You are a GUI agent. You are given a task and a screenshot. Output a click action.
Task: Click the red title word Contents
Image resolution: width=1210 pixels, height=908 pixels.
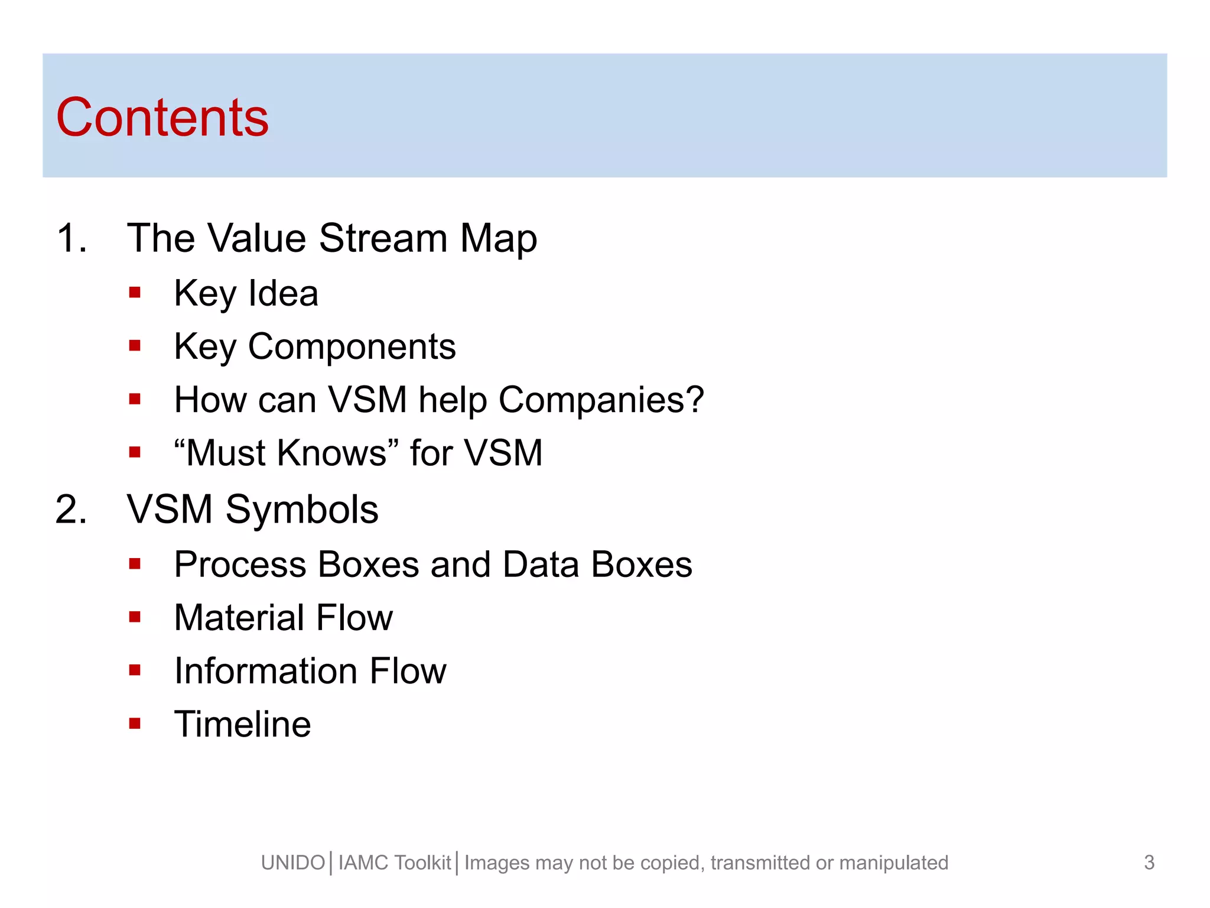pyautogui.click(x=162, y=118)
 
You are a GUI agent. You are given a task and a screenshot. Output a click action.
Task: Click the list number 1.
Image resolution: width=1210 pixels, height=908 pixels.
pyautogui.click(x=71, y=238)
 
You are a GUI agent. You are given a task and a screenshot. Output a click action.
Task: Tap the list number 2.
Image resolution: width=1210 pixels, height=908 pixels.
pyautogui.click(x=71, y=509)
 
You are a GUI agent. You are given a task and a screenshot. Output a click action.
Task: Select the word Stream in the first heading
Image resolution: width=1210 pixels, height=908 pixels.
pyautogui.click(x=383, y=238)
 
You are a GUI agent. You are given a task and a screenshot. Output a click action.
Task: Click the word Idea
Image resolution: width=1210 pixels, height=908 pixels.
pyautogui.click(x=283, y=293)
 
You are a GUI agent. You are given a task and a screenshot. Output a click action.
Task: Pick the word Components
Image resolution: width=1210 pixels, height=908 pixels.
pyautogui.click(x=352, y=346)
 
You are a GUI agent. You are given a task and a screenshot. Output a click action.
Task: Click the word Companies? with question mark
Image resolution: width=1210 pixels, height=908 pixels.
pyautogui.click(x=601, y=400)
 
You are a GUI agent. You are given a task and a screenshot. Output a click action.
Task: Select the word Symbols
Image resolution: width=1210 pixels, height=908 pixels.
pyautogui.click(x=301, y=509)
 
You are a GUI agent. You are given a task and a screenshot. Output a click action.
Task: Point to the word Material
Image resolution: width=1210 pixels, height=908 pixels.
pyautogui.click(x=239, y=618)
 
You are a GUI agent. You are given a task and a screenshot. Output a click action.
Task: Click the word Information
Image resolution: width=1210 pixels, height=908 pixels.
pyautogui.click(x=265, y=671)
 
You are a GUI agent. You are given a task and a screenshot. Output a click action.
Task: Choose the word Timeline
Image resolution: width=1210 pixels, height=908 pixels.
pyautogui.click(x=242, y=724)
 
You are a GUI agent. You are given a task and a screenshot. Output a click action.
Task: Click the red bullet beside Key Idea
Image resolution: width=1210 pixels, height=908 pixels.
pyautogui.click(x=135, y=292)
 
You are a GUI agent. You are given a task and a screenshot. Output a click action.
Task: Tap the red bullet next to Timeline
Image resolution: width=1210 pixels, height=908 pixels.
pyautogui.click(x=135, y=723)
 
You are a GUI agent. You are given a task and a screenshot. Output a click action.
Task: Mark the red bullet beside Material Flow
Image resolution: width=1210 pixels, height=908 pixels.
pyautogui.click(x=135, y=617)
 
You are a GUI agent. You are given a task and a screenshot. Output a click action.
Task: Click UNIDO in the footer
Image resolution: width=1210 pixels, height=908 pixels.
pyautogui.click(x=293, y=862)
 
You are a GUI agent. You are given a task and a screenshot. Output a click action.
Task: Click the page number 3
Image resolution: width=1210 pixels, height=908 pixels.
pyautogui.click(x=1149, y=862)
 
